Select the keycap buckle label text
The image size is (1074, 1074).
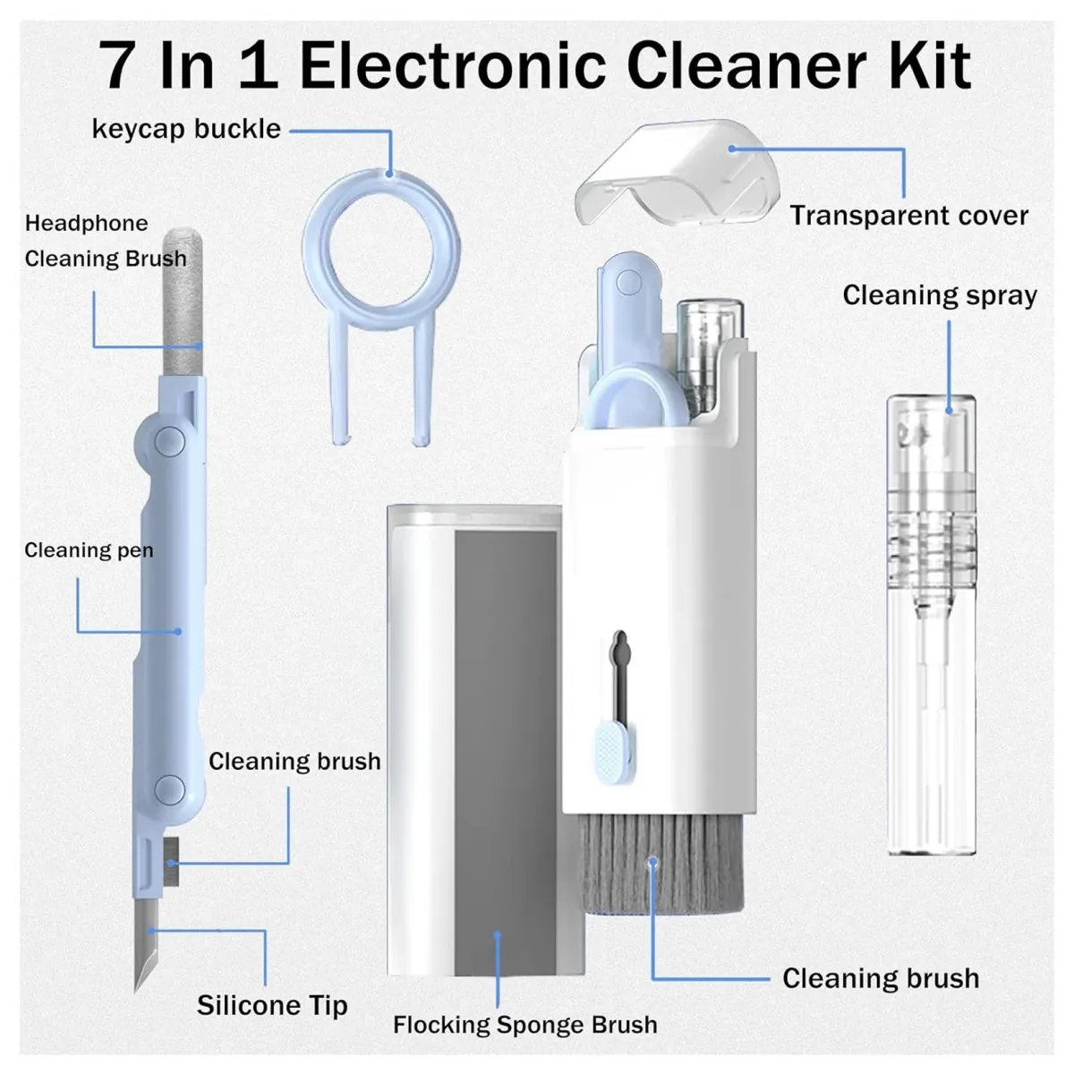[x=186, y=129]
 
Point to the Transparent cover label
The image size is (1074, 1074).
[x=908, y=216]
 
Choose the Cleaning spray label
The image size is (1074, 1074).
[x=940, y=295]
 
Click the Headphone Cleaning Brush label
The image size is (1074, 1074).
[x=106, y=241]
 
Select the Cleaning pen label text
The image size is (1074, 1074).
[x=89, y=550]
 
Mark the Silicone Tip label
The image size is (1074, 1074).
[x=272, y=1005]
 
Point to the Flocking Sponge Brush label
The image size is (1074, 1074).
[x=525, y=1025]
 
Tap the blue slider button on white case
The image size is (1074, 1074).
[x=613, y=747]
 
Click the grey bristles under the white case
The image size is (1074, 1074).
[x=661, y=864]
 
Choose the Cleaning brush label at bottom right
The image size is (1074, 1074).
[x=881, y=978]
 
